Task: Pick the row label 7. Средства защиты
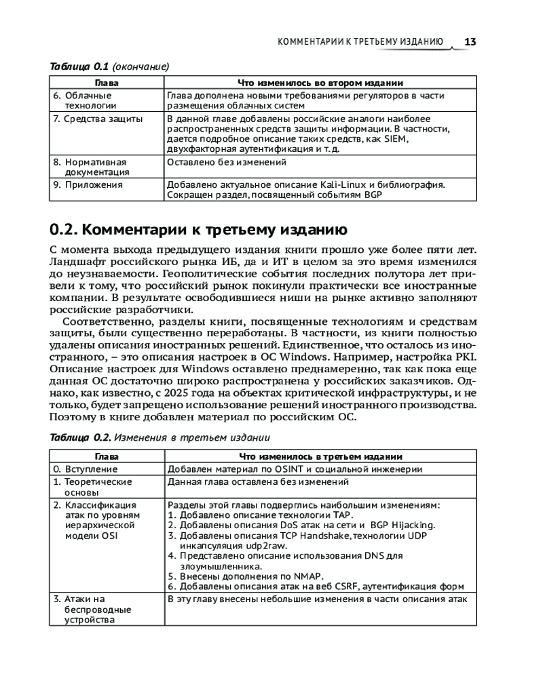pyautogui.click(x=88, y=119)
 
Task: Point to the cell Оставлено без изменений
pyautogui.click(x=227, y=163)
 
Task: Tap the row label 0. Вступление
pyautogui.click(x=86, y=469)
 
